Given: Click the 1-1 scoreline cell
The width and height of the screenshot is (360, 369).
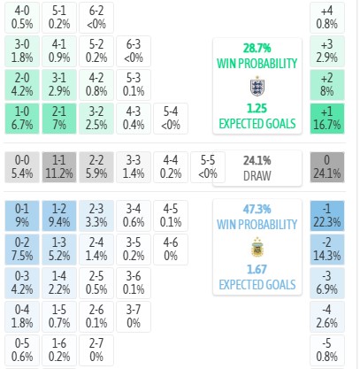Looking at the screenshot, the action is [59, 167].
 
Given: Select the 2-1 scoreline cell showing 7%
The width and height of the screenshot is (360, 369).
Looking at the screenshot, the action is [59, 119].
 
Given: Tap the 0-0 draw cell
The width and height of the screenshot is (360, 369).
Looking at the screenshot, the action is [22, 167].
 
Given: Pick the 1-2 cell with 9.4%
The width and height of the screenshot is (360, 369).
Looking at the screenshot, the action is [59, 216].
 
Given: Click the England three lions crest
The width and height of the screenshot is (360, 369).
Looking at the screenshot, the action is [257, 86].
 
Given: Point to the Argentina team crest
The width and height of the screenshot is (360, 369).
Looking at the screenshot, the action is [257, 247].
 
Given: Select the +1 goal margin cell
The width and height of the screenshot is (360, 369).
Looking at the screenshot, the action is [327, 119].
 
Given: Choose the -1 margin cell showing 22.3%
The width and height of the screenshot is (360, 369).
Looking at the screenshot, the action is [327, 216].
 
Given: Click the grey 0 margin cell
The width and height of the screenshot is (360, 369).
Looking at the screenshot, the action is [327, 167].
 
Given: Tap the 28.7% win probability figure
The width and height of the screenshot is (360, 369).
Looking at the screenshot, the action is [257, 48].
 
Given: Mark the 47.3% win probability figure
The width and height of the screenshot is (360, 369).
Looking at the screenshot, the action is [257, 209].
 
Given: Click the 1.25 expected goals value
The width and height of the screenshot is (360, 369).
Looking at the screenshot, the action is [257, 109].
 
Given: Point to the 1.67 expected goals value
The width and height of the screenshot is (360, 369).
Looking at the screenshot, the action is [257, 269].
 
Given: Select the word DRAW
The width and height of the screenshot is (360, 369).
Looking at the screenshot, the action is [257, 176].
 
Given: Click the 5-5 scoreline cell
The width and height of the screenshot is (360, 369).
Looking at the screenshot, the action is [208, 167].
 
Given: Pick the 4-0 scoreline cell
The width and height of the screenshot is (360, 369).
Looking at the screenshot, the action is [22, 18].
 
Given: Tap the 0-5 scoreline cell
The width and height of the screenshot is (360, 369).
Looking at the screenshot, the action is [22, 350].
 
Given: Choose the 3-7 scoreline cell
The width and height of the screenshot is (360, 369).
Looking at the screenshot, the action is [134, 317].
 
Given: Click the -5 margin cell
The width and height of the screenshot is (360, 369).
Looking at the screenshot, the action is [327, 350].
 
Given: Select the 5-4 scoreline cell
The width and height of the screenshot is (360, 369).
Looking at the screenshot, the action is [171, 119].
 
